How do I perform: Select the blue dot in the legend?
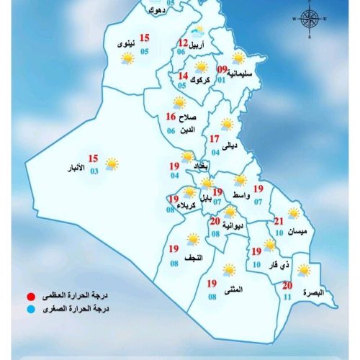(30, 310)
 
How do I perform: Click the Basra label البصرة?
(314, 293)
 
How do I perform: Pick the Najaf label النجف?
(194, 257)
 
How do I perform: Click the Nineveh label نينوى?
(125, 45)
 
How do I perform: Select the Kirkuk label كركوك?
(213, 80)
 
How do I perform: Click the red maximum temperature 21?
(279, 221)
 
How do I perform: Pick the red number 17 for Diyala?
(214, 139)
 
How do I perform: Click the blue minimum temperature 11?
(288, 297)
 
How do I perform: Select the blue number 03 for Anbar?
(94, 171)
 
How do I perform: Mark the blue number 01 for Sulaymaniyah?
(222, 80)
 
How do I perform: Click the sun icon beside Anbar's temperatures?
(112, 164)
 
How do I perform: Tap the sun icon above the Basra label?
(305, 270)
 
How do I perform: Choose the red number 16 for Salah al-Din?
(171, 117)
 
